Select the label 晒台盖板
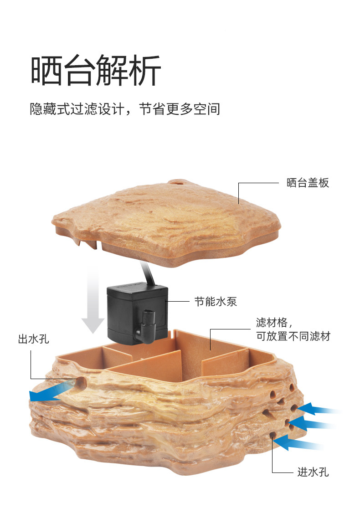point(308,183)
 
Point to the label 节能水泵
point(216,302)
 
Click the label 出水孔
point(33,339)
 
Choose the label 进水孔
point(313,473)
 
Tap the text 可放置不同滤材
point(293,337)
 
